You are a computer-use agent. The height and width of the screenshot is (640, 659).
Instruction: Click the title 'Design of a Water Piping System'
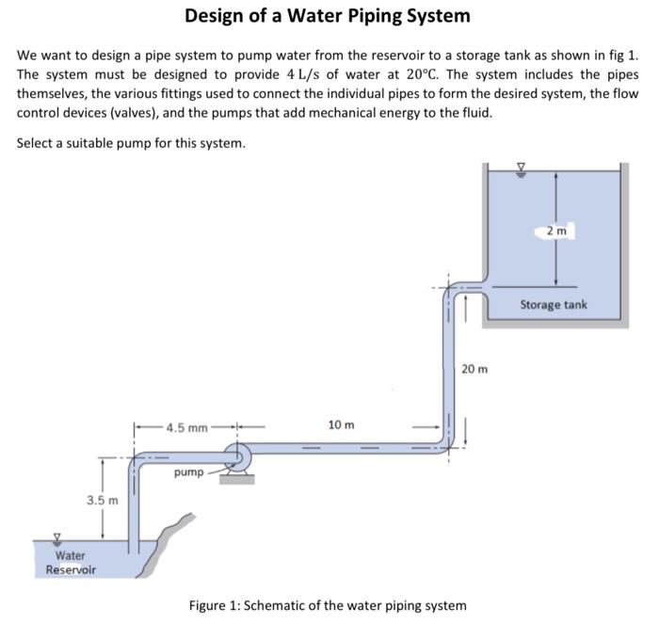pos(328,16)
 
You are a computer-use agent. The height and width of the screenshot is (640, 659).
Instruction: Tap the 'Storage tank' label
pos(554,304)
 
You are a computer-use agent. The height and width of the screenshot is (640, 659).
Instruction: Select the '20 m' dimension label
pos(475,368)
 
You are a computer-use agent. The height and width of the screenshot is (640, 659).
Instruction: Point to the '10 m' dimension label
pos(341,424)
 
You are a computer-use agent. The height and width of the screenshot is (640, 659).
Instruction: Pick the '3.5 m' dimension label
pos(102,500)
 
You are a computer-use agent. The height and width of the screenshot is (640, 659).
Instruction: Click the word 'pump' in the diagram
pos(188,472)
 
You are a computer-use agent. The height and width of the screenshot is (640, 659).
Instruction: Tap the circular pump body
pos(236,459)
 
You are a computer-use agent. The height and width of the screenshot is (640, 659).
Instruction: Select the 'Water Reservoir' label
pos(71,563)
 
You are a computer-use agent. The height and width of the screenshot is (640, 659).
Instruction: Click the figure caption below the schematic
pos(328,604)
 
